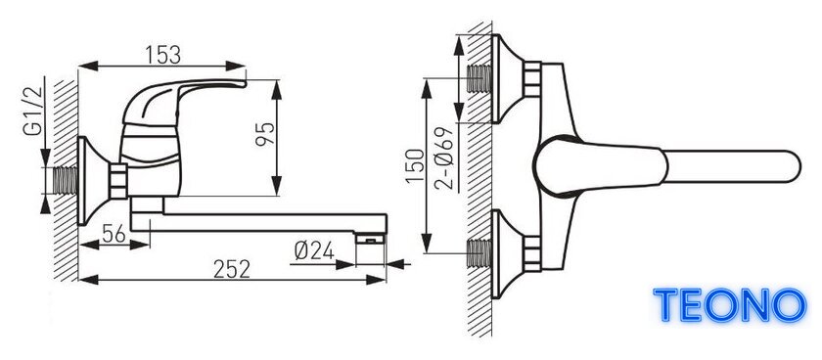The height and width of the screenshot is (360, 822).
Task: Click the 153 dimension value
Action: [162, 55]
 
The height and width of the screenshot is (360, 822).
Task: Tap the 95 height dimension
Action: [265, 135]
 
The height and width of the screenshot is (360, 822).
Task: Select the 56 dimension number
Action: [114, 234]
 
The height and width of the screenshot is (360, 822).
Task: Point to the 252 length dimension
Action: [232, 269]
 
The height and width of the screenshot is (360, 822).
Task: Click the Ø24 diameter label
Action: [314, 252]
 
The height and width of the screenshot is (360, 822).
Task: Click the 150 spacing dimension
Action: [416, 165]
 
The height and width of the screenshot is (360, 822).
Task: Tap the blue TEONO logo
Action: [730, 305]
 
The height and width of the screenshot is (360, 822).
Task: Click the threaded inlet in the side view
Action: [65, 181]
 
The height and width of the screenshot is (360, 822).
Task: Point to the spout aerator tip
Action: [370, 239]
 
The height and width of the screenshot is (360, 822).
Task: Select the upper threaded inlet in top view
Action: [479, 78]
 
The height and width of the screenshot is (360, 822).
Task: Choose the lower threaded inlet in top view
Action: [479, 253]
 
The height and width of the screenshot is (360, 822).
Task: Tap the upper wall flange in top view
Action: [507, 79]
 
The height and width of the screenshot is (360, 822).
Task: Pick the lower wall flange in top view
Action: [507, 253]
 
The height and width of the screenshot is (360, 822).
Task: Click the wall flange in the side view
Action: [93, 181]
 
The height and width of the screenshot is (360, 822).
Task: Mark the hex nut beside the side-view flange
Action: [119, 181]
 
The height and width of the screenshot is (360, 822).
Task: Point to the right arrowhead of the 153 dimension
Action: [236, 66]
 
